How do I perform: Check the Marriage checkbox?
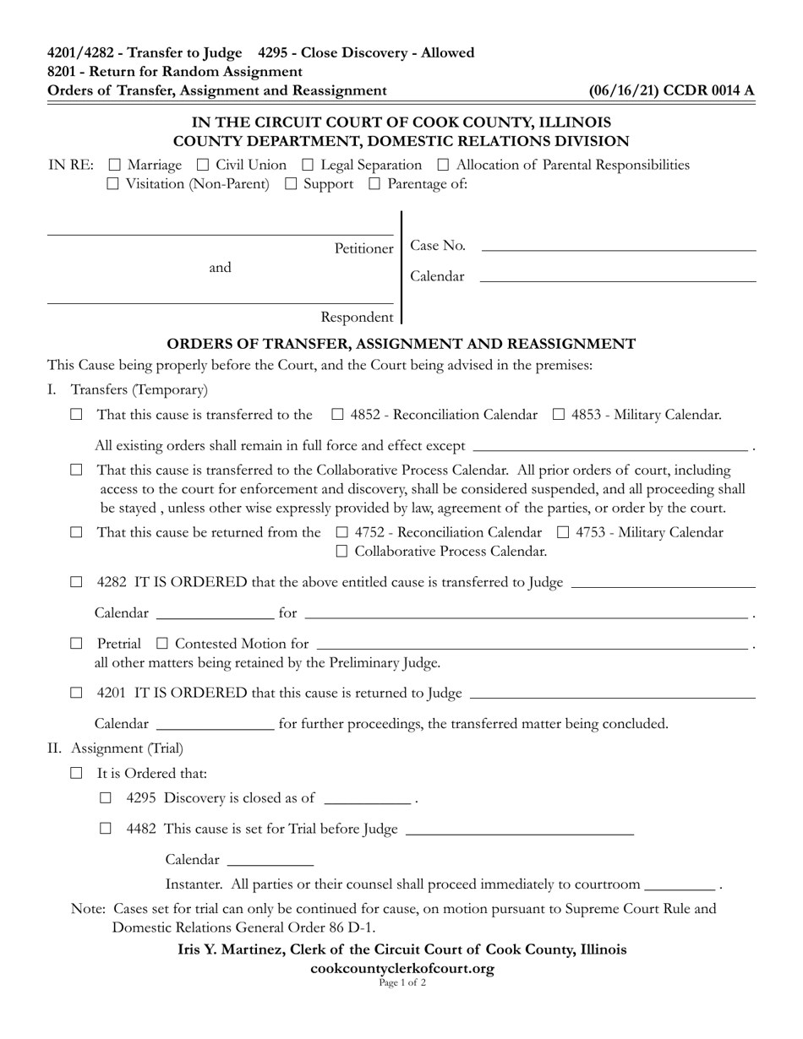click(x=115, y=166)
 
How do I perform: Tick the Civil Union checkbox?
click(x=203, y=166)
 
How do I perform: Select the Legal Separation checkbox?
click(x=308, y=166)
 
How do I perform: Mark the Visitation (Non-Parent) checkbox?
click(x=113, y=184)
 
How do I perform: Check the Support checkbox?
click(x=291, y=184)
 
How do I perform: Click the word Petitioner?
click(x=363, y=248)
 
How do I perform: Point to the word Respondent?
click(x=357, y=318)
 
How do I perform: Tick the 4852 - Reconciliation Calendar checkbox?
click(x=337, y=415)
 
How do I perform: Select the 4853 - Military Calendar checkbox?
click(x=559, y=415)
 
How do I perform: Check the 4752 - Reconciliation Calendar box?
click(x=342, y=533)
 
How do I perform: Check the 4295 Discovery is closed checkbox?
click(x=106, y=798)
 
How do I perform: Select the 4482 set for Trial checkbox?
click(x=106, y=829)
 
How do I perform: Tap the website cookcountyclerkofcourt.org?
click(x=401, y=969)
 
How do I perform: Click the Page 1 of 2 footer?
click(x=401, y=983)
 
